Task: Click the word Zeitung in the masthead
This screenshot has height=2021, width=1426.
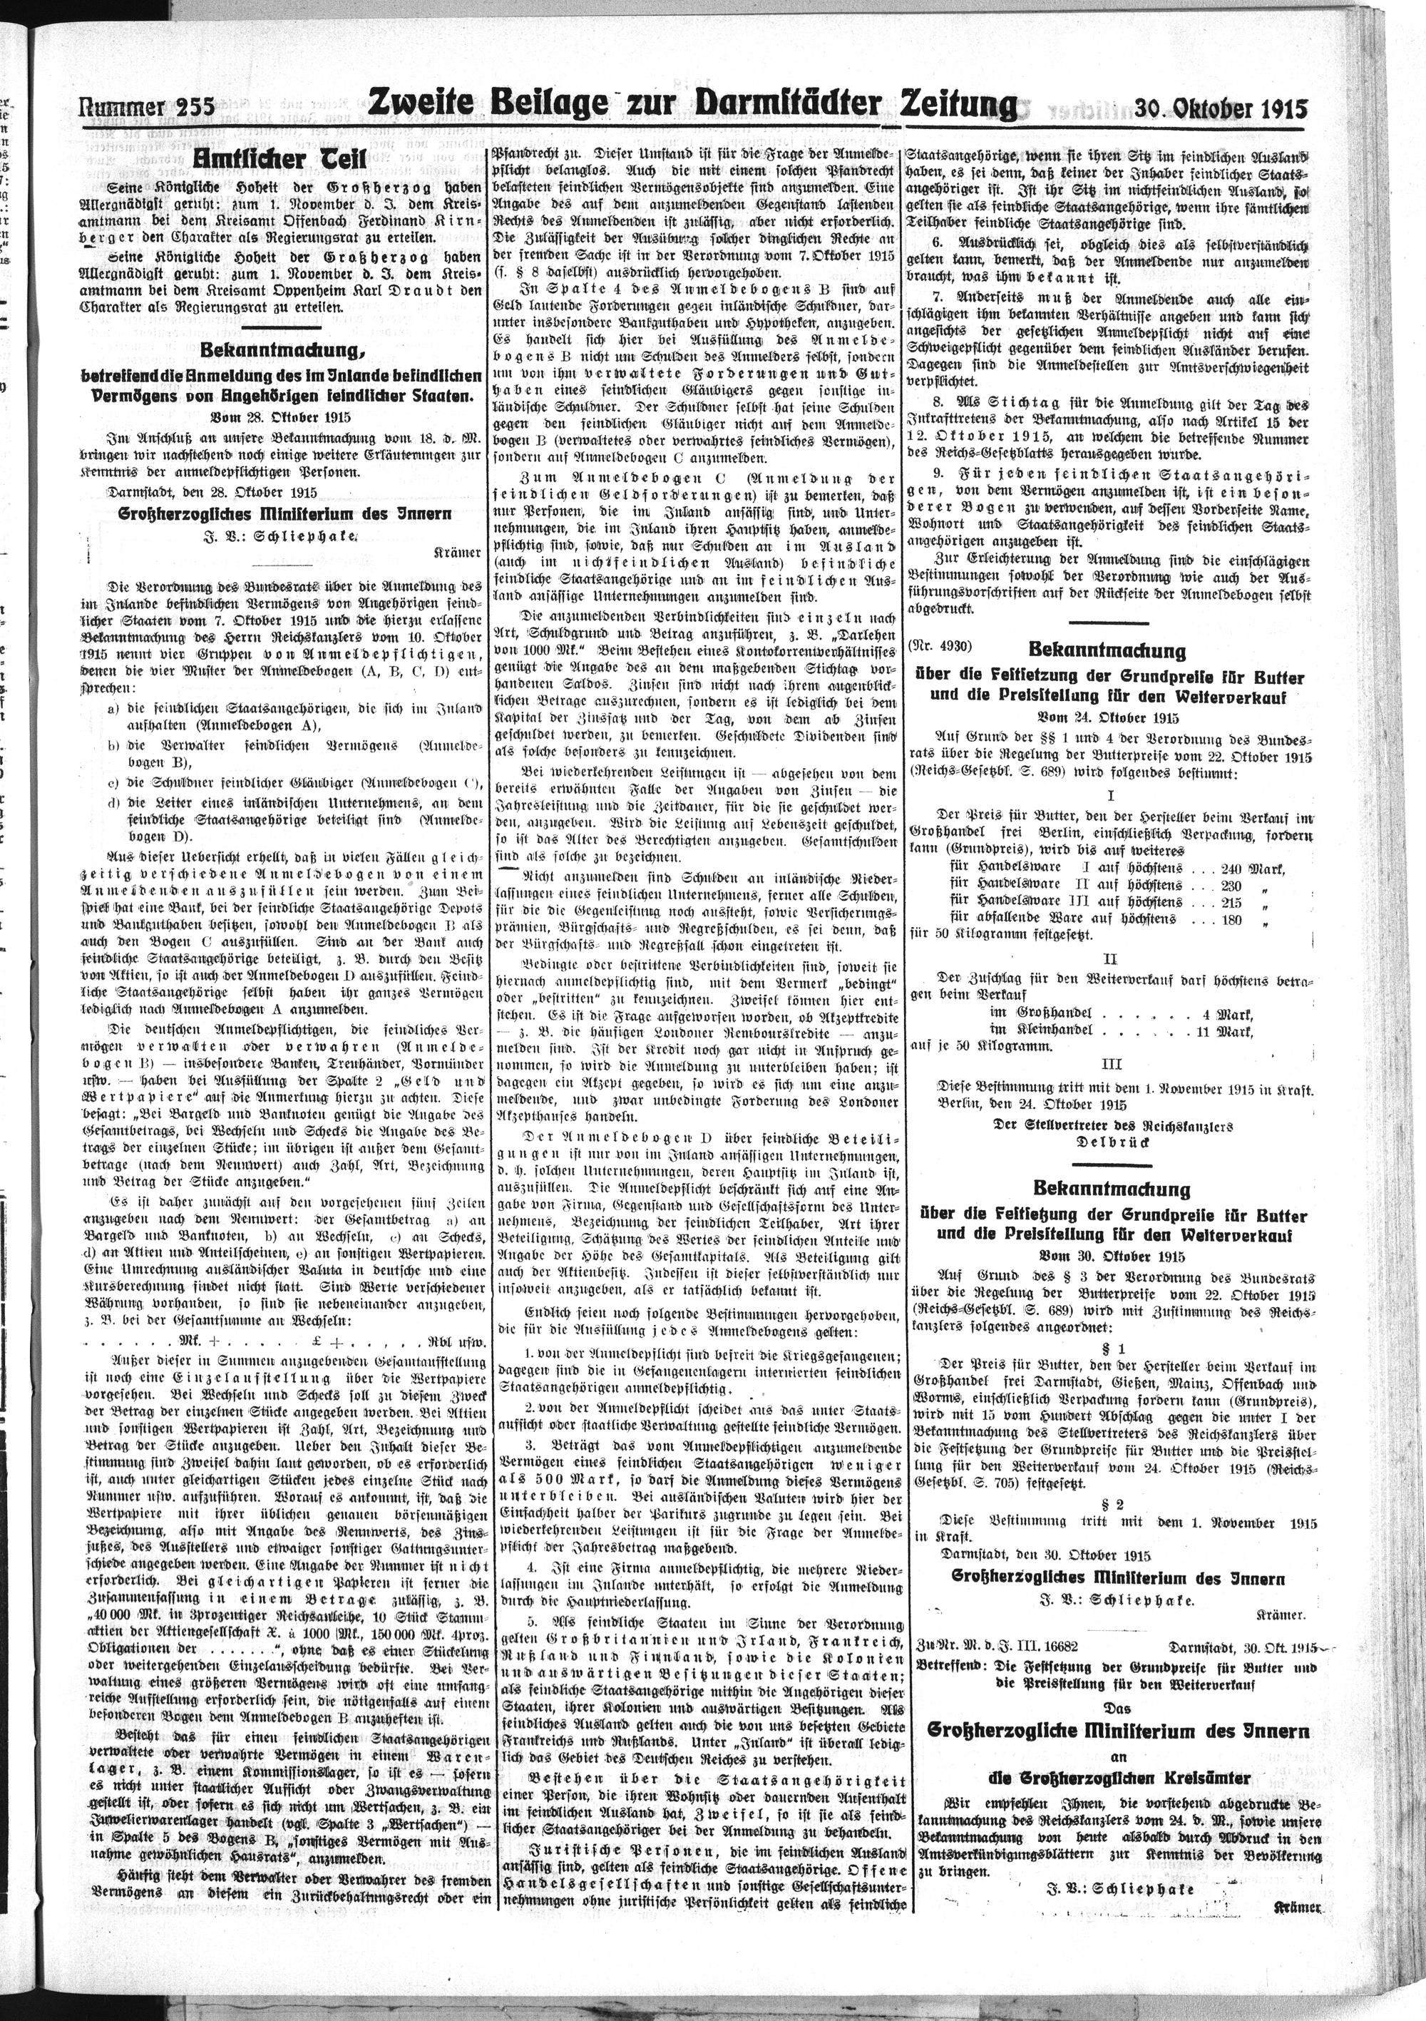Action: click(956, 106)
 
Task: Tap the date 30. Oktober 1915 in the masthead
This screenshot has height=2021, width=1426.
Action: click(1220, 108)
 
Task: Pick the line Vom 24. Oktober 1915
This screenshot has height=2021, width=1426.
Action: click(1110, 717)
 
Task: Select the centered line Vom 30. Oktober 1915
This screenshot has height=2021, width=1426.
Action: click(1112, 1256)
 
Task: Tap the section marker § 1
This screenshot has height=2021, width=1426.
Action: click(1111, 1348)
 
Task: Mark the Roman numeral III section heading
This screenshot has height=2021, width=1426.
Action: click(1111, 1063)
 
